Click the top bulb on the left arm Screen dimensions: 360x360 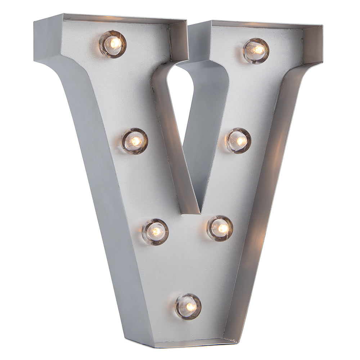pos(113,44)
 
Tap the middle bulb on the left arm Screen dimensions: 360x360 pos(135,141)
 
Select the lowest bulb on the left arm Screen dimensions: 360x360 pos(155,231)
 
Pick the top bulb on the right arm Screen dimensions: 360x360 pos(256,50)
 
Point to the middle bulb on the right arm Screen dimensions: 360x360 pos(238,140)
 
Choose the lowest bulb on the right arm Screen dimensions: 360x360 pos(220,228)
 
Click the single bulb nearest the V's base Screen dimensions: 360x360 pos(188,306)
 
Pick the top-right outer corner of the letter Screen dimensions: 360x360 pos(321,26)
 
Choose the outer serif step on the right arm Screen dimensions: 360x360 pos(313,65)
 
